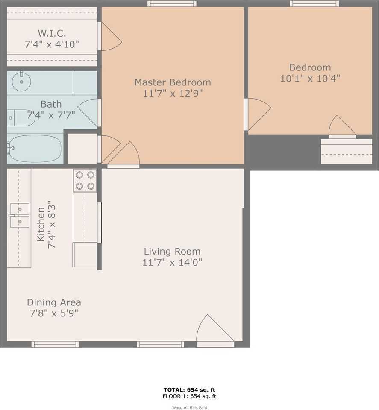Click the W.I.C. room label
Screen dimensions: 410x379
pyautogui.click(x=51, y=33)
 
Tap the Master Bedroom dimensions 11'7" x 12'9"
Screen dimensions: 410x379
pyautogui.click(x=173, y=93)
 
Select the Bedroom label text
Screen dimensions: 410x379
pyautogui.click(x=310, y=67)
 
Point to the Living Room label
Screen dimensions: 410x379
pyautogui.click(x=172, y=252)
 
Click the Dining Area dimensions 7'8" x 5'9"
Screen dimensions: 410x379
pyautogui.click(x=53, y=313)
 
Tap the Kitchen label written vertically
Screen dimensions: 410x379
pyautogui.click(x=41, y=224)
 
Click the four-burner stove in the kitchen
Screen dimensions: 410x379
pyautogui.click(x=85, y=180)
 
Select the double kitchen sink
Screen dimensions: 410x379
pyautogui.click(x=20, y=215)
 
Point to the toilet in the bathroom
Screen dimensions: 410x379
pyautogui.click(x=21, y=118)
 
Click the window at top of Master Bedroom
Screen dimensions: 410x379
pyautogui.click(x=172, y=4)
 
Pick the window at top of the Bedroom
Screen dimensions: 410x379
pyautogui.click(x=314, y=4)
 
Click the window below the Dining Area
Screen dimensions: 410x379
pyautogui.click(x=55, y=344)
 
